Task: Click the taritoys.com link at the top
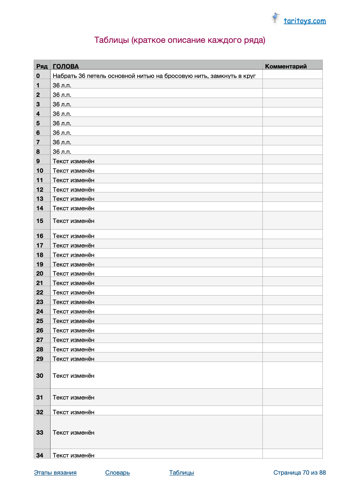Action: [x=305, y=21]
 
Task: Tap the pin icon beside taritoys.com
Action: [x=276, y=18]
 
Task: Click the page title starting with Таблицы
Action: [x=180, y=40]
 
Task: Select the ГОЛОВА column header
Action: [x=66, y=66]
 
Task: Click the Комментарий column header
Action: [x=286, y=66]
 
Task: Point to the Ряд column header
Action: [x=42, y=66]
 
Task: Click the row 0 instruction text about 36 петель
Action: [x=154, y=76]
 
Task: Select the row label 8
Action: [x=38, y=152]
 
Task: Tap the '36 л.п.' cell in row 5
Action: [x=62, y=123]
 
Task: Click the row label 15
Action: [x=40, y=221]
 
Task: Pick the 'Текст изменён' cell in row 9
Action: [x=74, y=161]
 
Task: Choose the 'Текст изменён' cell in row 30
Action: [x=74, y=376]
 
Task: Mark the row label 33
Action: [x=40, y=433]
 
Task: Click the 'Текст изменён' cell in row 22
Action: [x=74, y=292]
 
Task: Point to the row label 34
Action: [x=40, y=455]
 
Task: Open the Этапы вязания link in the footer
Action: [x=55, y=473]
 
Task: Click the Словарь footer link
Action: [x=118, y=473]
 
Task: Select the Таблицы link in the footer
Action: [x=181, y=473]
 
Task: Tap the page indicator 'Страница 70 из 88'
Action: [x=299, y=473]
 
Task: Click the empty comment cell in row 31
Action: [x=292, y=397]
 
